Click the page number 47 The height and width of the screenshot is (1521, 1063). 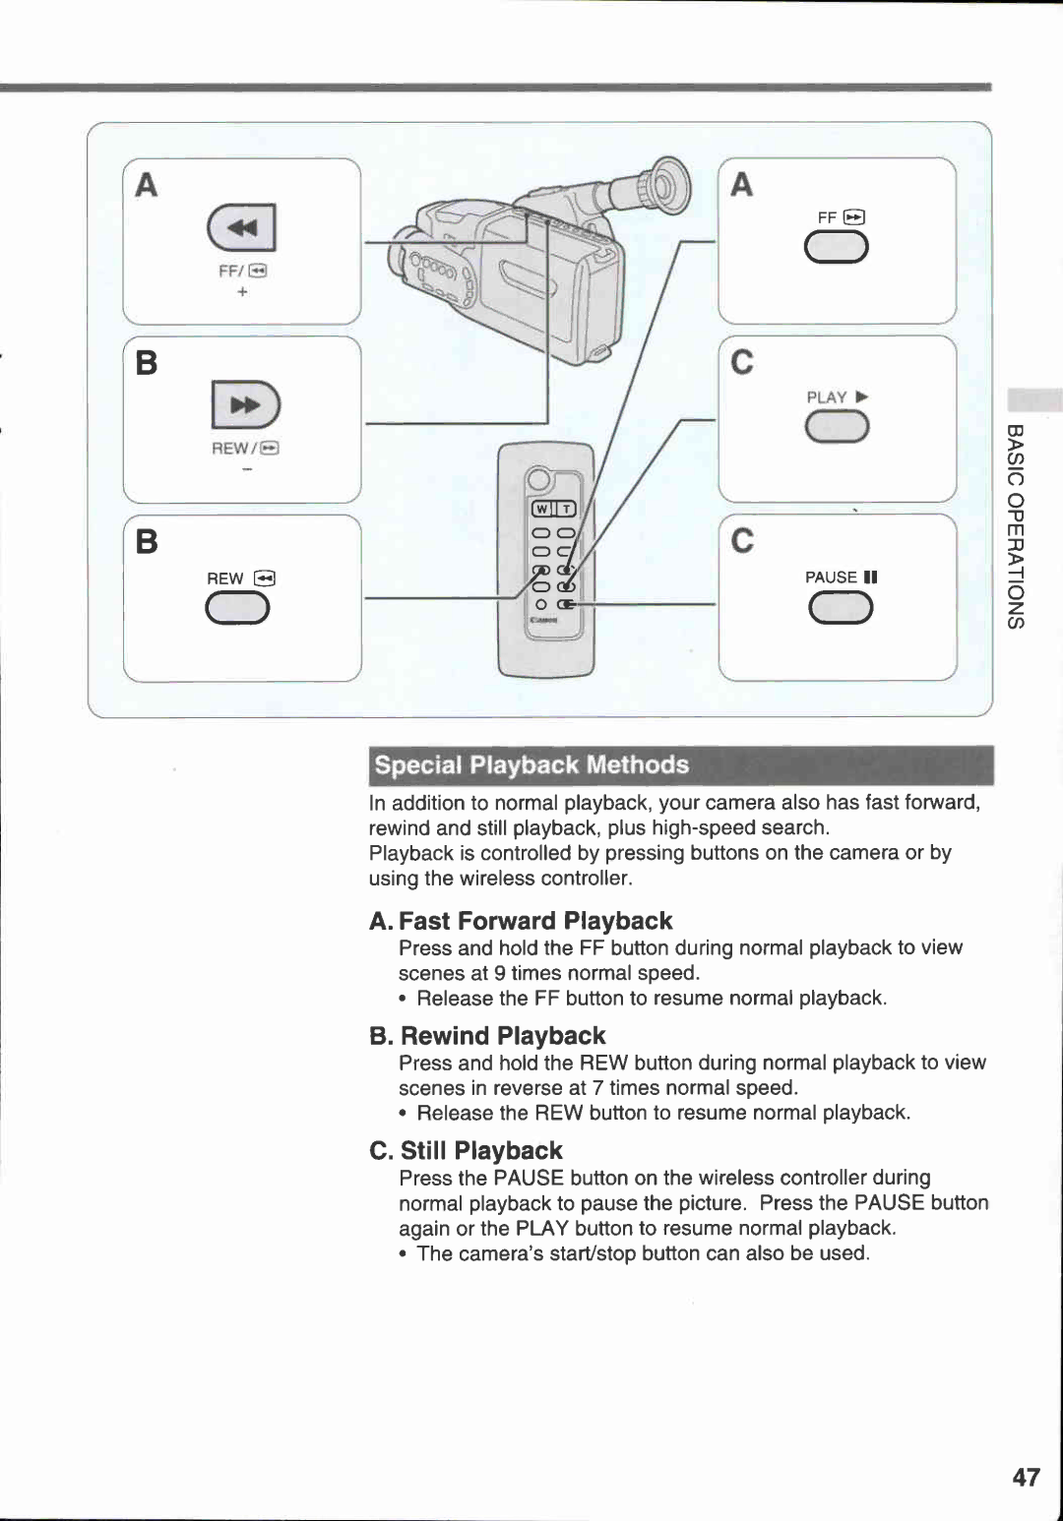(x=1026, y=1477)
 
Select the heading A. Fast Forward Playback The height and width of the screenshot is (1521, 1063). (x=521, y=921)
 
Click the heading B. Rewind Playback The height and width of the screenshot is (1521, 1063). (x=488, y=1036)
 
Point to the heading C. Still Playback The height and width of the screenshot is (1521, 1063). (x=467, y=1151)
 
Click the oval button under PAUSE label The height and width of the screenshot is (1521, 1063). (x=840, y=609)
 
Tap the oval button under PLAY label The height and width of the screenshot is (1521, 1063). (x=837, y=428)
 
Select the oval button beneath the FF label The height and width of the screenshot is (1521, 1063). (x=836, y=247)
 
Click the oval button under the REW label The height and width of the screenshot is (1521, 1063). (x=237, y=610)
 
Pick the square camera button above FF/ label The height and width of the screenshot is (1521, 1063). (x=242, y=228)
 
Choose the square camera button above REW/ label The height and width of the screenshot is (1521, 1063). (x=246, y=404)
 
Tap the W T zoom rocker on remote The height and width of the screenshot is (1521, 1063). (x=553, y=508)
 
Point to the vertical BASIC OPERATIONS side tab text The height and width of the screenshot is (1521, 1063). (x=1016, y=526)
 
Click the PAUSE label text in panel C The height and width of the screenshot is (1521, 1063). (x=831, y=578)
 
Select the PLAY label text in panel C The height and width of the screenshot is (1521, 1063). (x=827, y=397)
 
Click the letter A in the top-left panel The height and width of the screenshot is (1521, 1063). (x=147, y=185)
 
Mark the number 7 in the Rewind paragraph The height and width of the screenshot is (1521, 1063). (x=597, y=1088)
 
